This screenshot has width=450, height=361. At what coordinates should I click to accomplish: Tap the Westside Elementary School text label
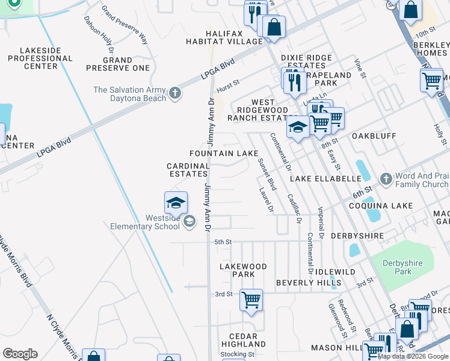[145, 222]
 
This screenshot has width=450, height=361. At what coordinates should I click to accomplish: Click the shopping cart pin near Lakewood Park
[251, 300]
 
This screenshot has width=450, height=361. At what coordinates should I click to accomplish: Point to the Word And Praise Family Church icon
[386, 179]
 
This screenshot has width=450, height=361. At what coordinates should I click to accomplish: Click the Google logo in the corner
[20, 354]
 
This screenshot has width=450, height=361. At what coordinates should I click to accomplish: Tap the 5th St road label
[223, 242]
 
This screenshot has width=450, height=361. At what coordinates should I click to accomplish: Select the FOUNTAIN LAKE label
[224, 153]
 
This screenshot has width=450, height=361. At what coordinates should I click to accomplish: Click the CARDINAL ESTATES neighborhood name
[188, 170]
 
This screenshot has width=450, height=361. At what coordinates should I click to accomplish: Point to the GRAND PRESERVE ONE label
[117, 64]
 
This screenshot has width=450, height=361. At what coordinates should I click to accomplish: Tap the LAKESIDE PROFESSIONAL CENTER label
[40, 58]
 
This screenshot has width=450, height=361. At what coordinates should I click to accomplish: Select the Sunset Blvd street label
[266, 174]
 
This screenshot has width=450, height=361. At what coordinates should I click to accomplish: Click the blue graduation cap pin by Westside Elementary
[176, 203]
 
